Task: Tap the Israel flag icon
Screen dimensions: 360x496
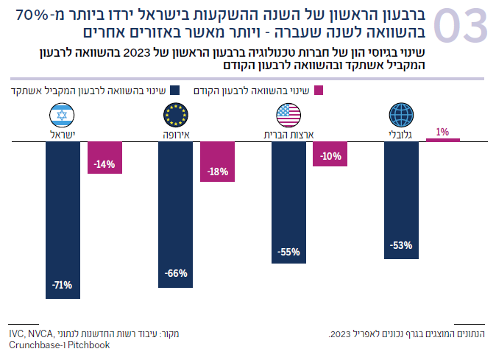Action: click(x=62, y=115)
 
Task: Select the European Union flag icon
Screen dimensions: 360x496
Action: click(x=175, y=115)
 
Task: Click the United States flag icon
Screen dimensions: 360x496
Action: click(x=288, y=115)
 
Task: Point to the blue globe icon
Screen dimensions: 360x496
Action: click(x=401, y=115)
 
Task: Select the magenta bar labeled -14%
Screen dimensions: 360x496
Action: click(x=104, y=157)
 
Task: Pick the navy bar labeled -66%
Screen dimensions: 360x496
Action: click(x=175, y=213)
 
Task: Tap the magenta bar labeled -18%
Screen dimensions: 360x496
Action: click(x=218, y=160)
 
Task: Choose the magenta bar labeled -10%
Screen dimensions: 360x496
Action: click(x=330, y=153)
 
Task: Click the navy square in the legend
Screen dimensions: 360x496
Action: click(x=174, y=91)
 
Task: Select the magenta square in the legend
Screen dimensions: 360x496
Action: click(x=318, y=91)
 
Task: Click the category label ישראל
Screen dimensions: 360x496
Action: click(x=63, y=134)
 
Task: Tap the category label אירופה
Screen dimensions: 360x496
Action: click(x=176, y=134)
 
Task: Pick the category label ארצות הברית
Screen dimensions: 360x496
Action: click(x=289, y=134)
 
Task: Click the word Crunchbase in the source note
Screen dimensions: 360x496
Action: click(x=33, y=345)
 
